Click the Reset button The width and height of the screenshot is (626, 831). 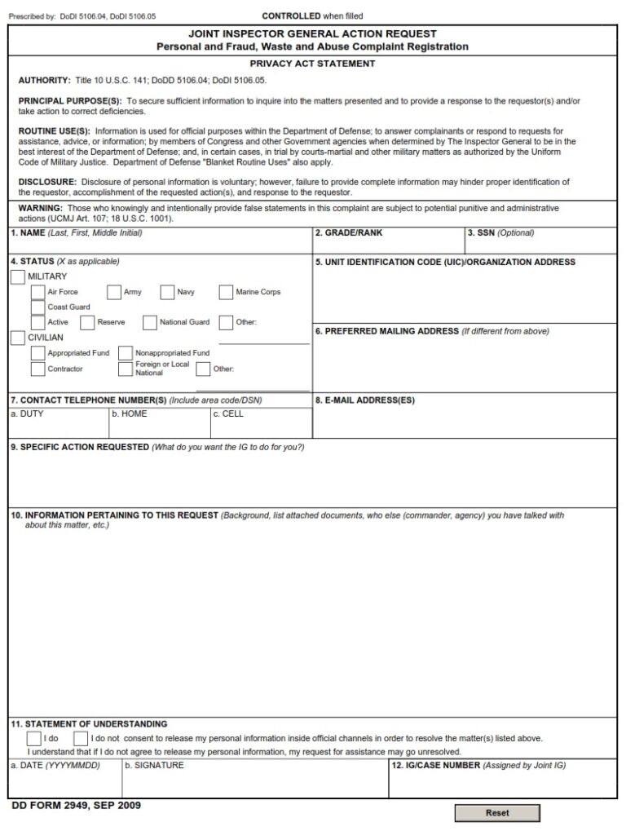tap(496, 813)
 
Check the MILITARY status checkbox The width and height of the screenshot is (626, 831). tap(18, 277)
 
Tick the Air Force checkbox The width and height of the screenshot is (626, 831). tap(37, 292)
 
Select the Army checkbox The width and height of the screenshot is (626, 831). tap(114, 292)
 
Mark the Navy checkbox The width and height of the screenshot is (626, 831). tap(167, 292)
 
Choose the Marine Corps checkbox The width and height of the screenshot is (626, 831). tap(226, 292)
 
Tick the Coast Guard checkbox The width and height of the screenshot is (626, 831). tap(37, 307)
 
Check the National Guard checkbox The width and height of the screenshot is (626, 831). tap(150, 322)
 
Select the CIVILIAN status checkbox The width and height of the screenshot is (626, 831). tap(18, 338)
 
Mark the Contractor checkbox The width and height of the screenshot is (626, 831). tap(37, 369)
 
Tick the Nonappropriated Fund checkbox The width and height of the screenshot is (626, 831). tap(125, 353)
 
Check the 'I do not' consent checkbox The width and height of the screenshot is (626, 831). tap(80, 738)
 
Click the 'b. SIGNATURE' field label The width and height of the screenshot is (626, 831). tap(154, 766)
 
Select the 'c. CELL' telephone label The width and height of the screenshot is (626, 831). tap(228, 414)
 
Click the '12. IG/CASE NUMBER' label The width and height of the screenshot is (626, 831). tap(436, 766)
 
